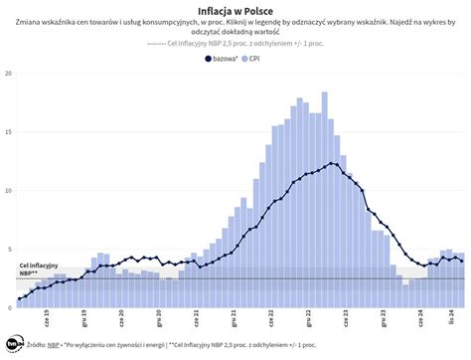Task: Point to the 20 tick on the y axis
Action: tap(9, 74)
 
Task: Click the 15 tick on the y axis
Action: tap(9, 132)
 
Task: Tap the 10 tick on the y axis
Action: tap(9, 190)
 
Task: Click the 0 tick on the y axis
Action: tap(10, 306)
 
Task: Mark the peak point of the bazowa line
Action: tap(331, 163)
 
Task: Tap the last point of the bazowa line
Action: tap(461, 260)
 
